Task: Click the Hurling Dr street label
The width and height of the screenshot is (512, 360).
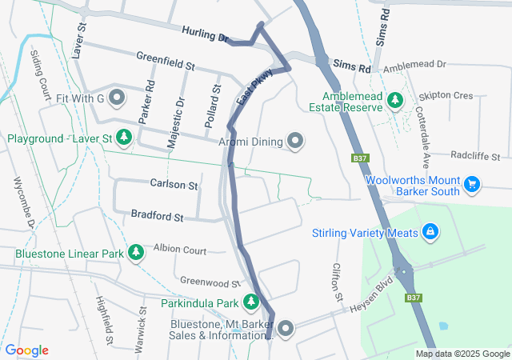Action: pyautogui.click(x=205, y=36)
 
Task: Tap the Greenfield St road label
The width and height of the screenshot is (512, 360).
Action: pyautogui.click(x=166, y=58)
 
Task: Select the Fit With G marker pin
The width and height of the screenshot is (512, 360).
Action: pyautogui.click(x=118, y=98)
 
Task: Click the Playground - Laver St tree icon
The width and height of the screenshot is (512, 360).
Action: pyautogui.click(x=124, y=138)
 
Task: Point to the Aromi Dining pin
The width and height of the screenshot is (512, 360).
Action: pyautogui.click(x=296, y=142)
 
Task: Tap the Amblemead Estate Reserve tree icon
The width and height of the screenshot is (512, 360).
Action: pyautogui.click(x=394, y=99)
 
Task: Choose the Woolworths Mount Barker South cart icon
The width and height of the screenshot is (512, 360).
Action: pyautogui.click(x=472, y=185)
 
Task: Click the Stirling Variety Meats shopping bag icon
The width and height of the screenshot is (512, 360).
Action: pyautogui.click(x=431, y=232)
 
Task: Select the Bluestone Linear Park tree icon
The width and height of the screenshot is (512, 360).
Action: pyautogui.click(x=136, y=254)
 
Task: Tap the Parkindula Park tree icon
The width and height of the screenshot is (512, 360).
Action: pyautogui.click(x=251, y=302)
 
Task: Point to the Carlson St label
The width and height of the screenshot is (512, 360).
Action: pyautogui.click(x=174, y=185)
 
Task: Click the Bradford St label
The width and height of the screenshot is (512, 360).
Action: pyautogui.click(x=157, y=217)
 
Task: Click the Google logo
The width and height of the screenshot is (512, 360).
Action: pyautogui.click(x=26, y=350)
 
